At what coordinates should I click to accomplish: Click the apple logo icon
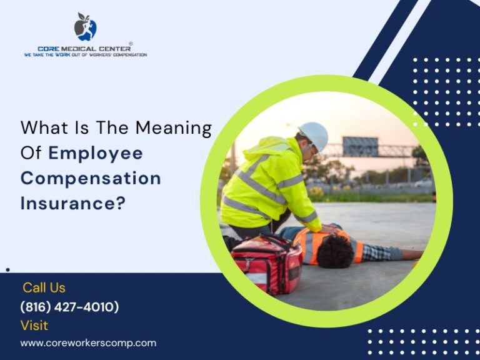(x=85, y=27)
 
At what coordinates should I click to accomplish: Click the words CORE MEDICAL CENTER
(x=84, y=48)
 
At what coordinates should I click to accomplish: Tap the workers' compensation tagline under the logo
(x=86, y=55)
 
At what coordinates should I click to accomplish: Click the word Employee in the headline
(x=96, y=153)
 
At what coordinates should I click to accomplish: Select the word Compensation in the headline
(x=91, y=178)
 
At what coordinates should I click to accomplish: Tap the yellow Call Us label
(x=44, y=287)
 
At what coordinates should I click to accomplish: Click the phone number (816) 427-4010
(x=69, y=307)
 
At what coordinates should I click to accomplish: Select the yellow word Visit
(x=34, y=326)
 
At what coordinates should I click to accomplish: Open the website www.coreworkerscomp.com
(x=88, y=343)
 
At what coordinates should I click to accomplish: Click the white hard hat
(x=314, y=135)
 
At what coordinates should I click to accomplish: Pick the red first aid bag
(x=267, y=263)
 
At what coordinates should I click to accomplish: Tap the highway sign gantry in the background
(x=361, y=147)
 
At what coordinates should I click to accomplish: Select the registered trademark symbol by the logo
(x=131, y=44)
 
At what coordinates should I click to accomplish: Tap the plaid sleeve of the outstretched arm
(x=382, y=252)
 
